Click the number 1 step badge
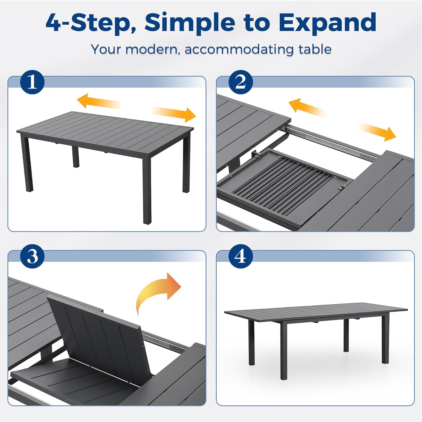point(32,82)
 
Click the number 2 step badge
point(241,82)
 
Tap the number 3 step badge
point(32,256)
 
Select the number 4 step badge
point(241,256)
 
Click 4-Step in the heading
point(91,23)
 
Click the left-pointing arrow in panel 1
point(98,102)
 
